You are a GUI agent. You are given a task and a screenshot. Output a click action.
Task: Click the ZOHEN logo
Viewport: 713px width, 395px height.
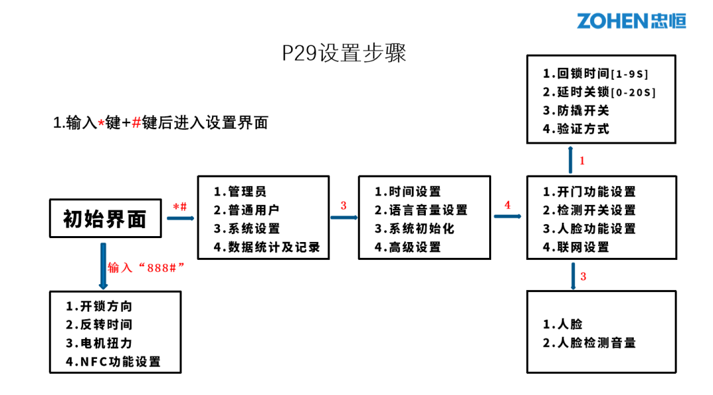point(631,20)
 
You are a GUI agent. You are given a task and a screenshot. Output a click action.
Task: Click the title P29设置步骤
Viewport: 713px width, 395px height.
point(344,53)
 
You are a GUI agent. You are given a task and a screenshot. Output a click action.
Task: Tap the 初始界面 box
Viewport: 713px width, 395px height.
point(105,218)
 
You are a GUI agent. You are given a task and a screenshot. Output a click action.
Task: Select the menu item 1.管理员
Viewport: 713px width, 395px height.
point(240,192)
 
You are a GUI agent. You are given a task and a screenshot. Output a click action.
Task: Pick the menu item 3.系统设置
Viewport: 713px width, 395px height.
point(246,229)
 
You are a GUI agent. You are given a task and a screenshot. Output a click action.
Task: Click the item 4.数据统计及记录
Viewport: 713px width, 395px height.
point(266,247)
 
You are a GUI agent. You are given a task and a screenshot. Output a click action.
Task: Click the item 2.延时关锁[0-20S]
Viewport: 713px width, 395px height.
point(599,92)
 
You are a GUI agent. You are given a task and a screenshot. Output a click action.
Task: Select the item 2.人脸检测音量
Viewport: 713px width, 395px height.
point(589,343)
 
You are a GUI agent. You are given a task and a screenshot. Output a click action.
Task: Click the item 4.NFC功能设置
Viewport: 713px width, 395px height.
point(113,362)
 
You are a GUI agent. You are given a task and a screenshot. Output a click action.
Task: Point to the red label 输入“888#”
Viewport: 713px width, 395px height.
point(145,267)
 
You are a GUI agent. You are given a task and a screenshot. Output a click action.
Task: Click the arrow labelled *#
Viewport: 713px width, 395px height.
point(180,218)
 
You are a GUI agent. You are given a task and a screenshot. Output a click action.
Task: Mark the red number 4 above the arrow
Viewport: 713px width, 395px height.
point(507,205)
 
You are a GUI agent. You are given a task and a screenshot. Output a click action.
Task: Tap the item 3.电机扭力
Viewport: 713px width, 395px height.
point(98,344)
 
